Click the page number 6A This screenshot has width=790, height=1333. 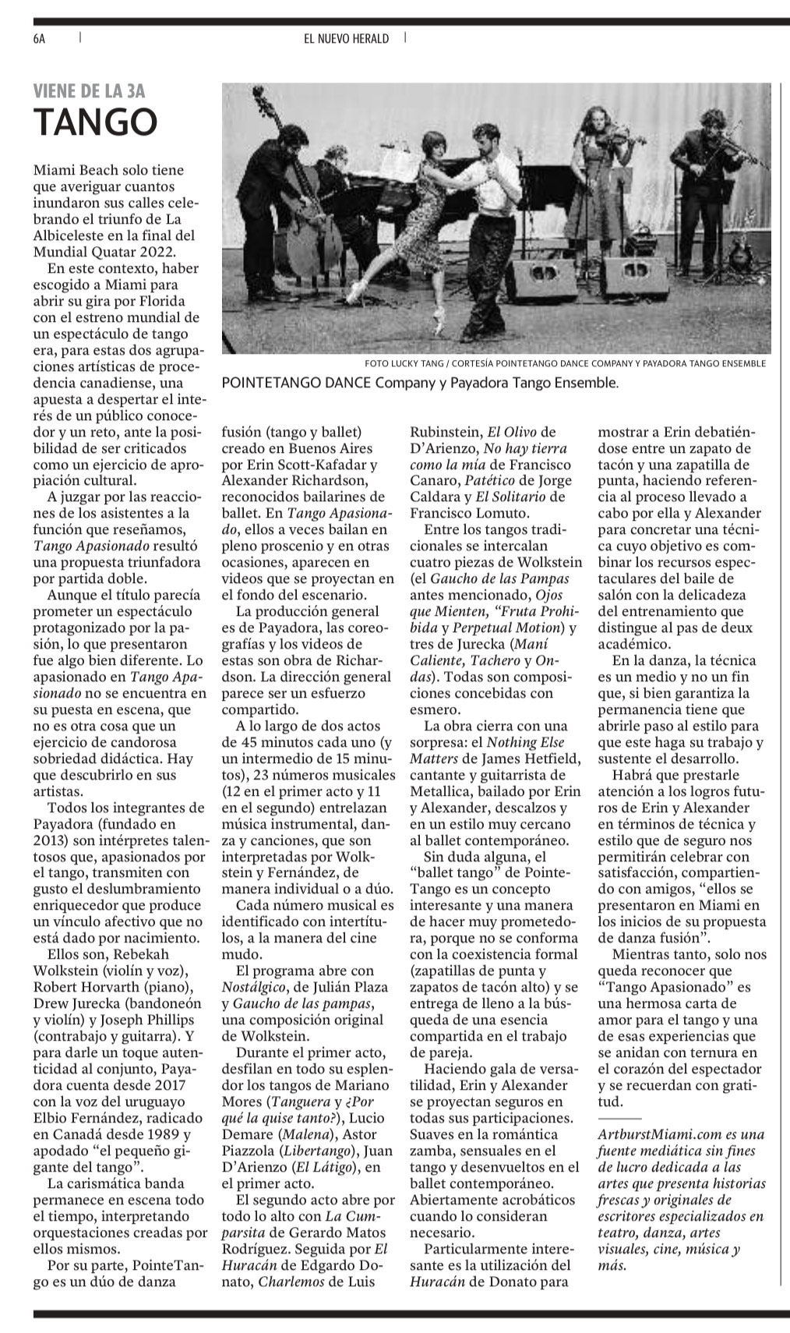coord(40,38)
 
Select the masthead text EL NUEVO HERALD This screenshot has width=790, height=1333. coord(346,38)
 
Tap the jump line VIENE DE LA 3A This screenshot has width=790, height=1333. coord(90,91)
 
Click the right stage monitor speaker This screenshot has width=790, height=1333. coord(635,272)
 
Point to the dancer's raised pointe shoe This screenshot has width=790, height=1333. coord(355,295)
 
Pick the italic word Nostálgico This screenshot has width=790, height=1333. coord(254,987)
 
